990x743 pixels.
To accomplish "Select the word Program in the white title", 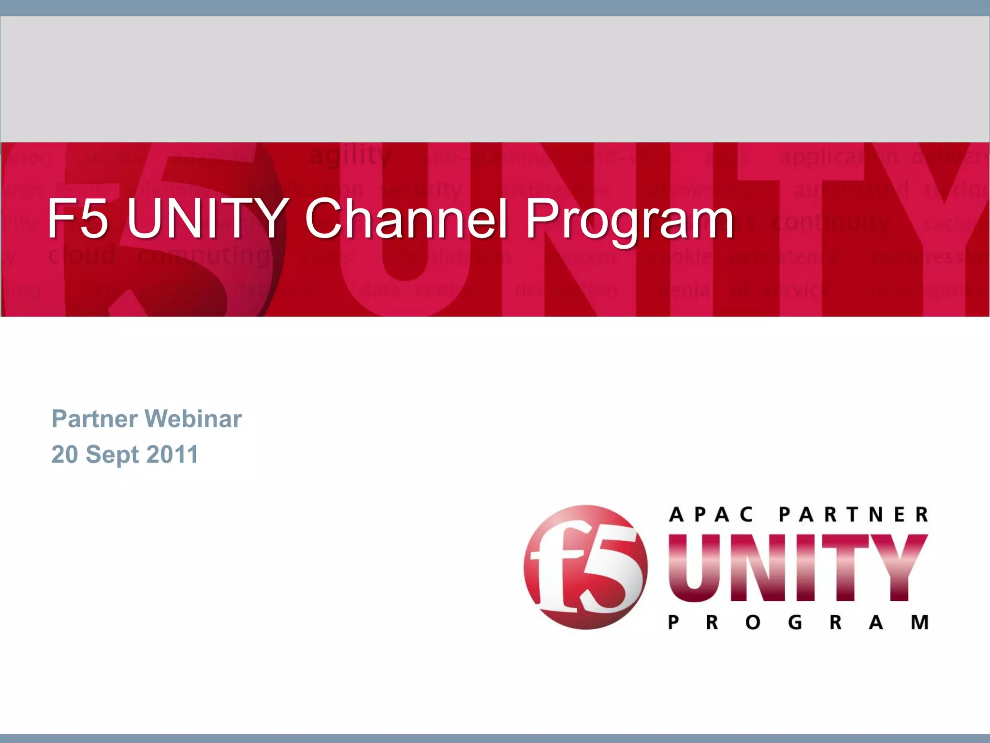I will tap(629, 220).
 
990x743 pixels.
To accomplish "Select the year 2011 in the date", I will tap(172, 455).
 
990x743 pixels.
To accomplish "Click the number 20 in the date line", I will tap(65, 455).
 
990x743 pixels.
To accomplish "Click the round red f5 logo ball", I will tap(585, 567).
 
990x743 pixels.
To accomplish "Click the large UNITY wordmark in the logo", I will tap(798, 568).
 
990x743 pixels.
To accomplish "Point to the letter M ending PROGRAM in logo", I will tap(919, 622).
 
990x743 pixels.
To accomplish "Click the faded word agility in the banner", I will tap(349, 156).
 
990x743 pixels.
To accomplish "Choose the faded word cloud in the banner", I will tap(82, 254).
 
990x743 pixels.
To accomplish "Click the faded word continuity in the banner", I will tap(830, 223).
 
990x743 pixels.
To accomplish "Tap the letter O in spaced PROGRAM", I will tap(753, 622).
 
